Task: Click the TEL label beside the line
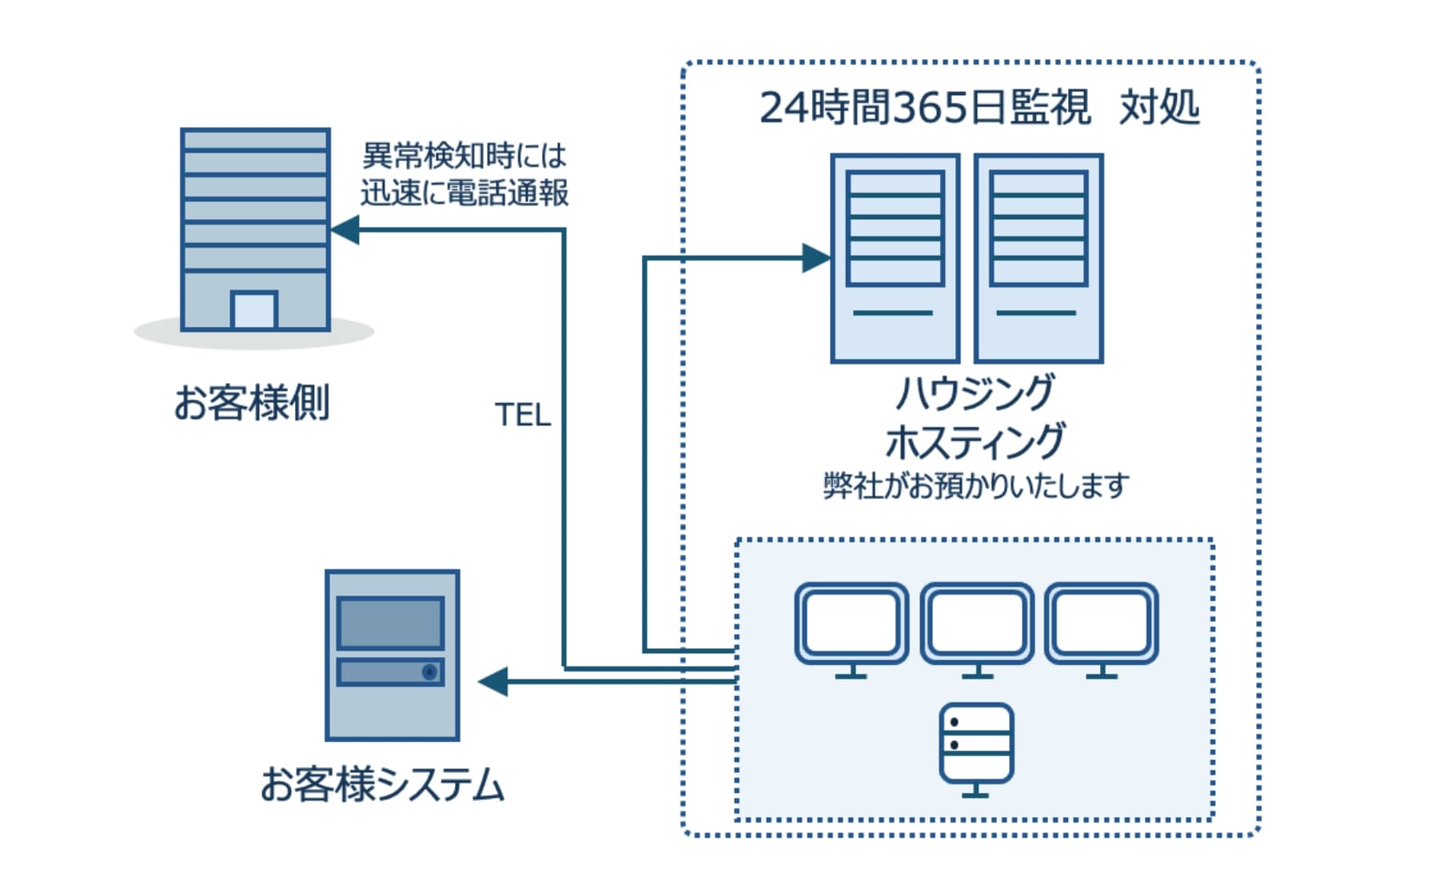(523, 415)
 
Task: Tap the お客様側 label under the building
(252, 402)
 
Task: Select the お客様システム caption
(382, 784)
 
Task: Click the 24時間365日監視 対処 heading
(979, 108)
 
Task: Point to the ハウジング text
(975, 392)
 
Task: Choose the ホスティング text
(975, 441)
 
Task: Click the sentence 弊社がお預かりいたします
(976, 485)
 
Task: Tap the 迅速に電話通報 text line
(464, 193)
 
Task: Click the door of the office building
(254, 310)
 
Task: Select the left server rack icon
(895, 258)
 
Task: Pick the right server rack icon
(1038, 258)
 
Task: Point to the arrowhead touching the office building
(345, 230)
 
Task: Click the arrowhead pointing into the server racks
(816, 258)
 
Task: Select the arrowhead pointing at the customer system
(493, 682)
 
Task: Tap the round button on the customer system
(429, 671)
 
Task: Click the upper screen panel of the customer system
(390, 623)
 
